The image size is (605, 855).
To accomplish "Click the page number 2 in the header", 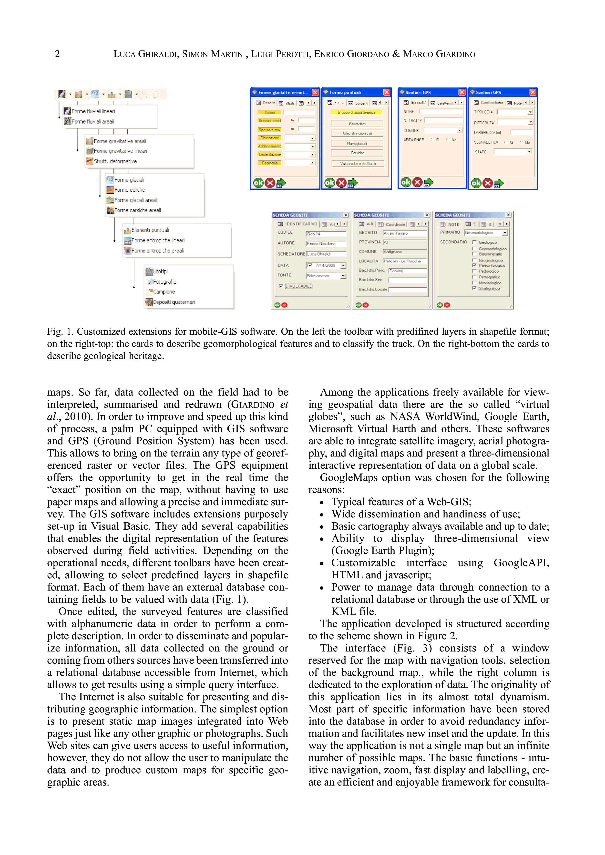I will (57, 54).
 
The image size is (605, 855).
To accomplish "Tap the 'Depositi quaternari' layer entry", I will (174, 302).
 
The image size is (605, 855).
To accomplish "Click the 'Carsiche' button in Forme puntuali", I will (357, 153).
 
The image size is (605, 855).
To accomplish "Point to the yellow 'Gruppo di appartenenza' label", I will (357, 112).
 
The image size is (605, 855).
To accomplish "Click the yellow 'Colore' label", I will (269, 112).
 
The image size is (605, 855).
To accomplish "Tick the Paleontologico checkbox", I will (474, 265).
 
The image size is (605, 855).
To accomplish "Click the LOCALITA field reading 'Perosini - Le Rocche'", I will (404, 261).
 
